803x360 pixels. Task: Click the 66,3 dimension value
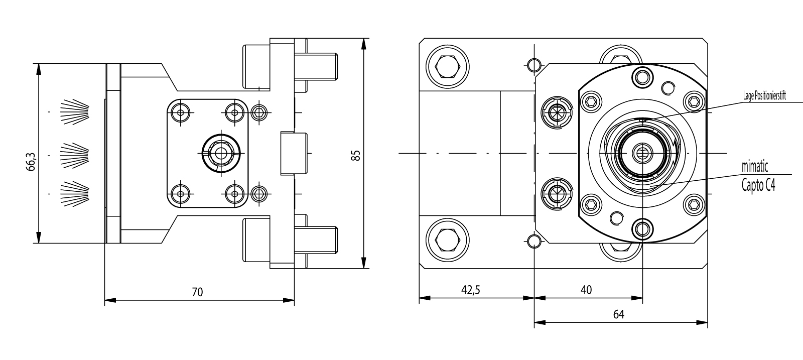coord(31,162)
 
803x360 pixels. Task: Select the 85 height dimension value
coord(356,155)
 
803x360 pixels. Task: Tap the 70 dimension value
coord(197,292)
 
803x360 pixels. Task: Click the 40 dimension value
coord(586,290)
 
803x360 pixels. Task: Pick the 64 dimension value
coord(618,314)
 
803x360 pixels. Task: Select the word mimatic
coord(755,166)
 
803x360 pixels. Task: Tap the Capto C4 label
coord(758,185)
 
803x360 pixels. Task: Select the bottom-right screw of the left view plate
coord(233,193)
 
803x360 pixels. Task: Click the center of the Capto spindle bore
coord(642,152)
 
